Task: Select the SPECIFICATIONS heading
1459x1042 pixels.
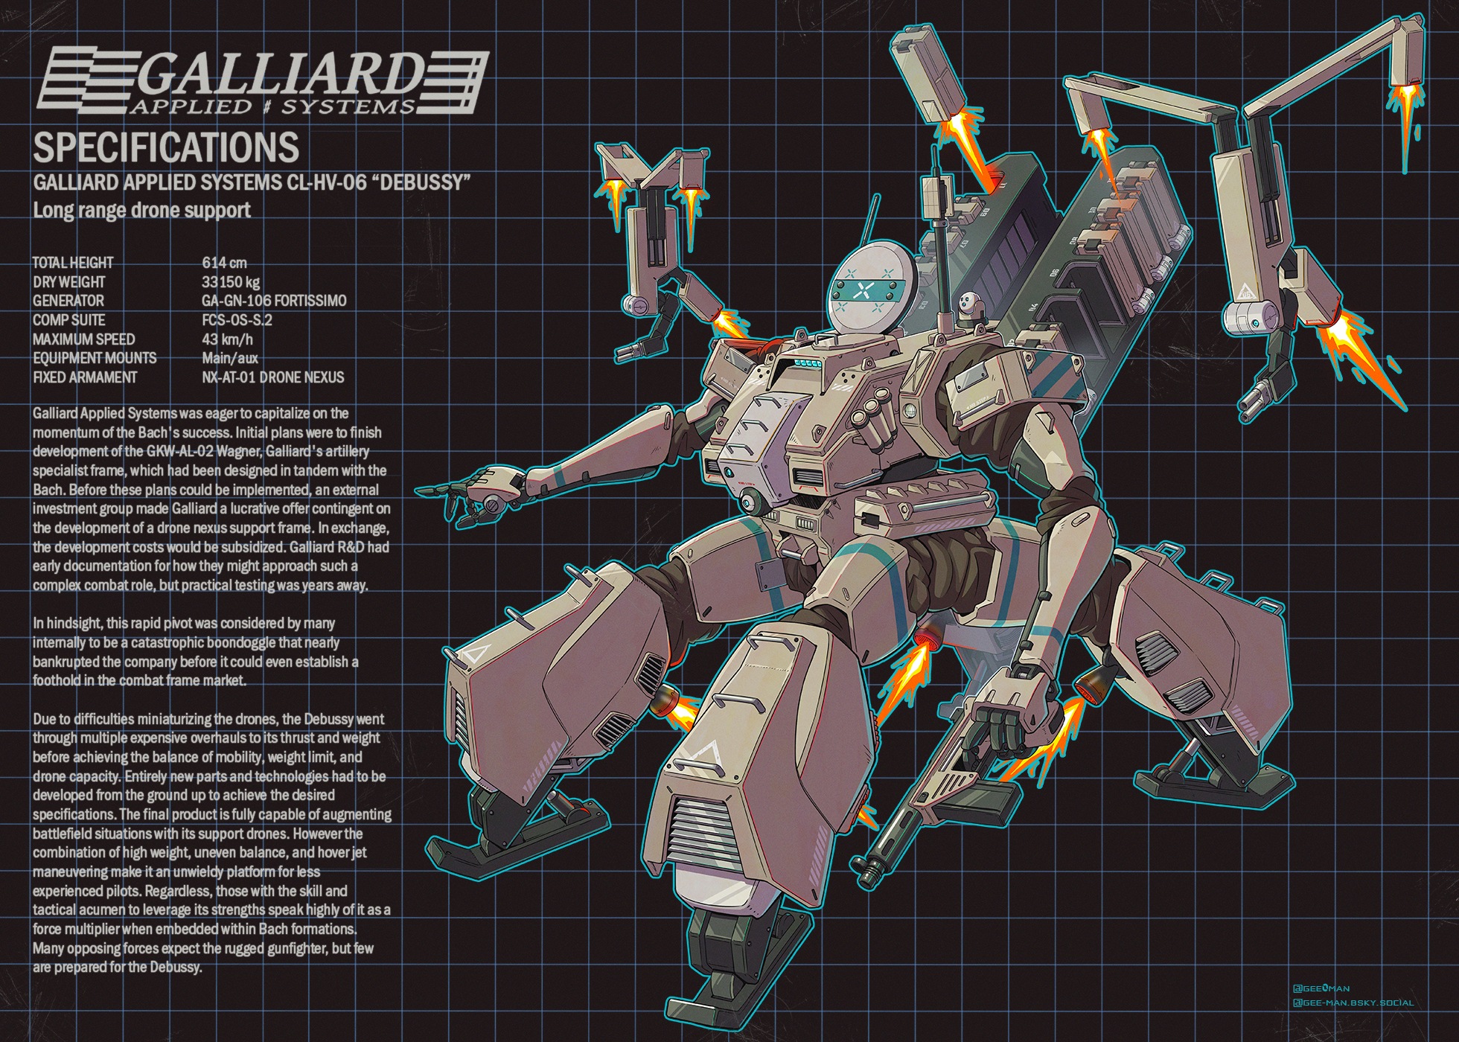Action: click(x=166, y=147)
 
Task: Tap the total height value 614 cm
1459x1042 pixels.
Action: click(x=224, y=263)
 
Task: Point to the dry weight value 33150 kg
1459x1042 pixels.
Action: click(x=231, y=282)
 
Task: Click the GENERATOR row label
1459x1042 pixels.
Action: click(x=68, y=301)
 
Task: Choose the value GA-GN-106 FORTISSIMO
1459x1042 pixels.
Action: click(x=274, y=301)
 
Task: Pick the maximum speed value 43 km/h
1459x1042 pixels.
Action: click(x=227, y=339)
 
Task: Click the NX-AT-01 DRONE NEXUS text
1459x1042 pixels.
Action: click(x=273, y=377)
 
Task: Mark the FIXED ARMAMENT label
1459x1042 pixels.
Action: click(x=85, y=377)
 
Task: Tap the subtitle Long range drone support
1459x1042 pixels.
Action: click(x=141, y=210)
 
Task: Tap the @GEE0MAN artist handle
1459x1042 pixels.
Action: click(x=1321, y=988)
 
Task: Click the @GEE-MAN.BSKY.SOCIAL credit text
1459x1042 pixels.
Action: click(x=1353, y=1003)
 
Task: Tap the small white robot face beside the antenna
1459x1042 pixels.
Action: click(x=967, y=301)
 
